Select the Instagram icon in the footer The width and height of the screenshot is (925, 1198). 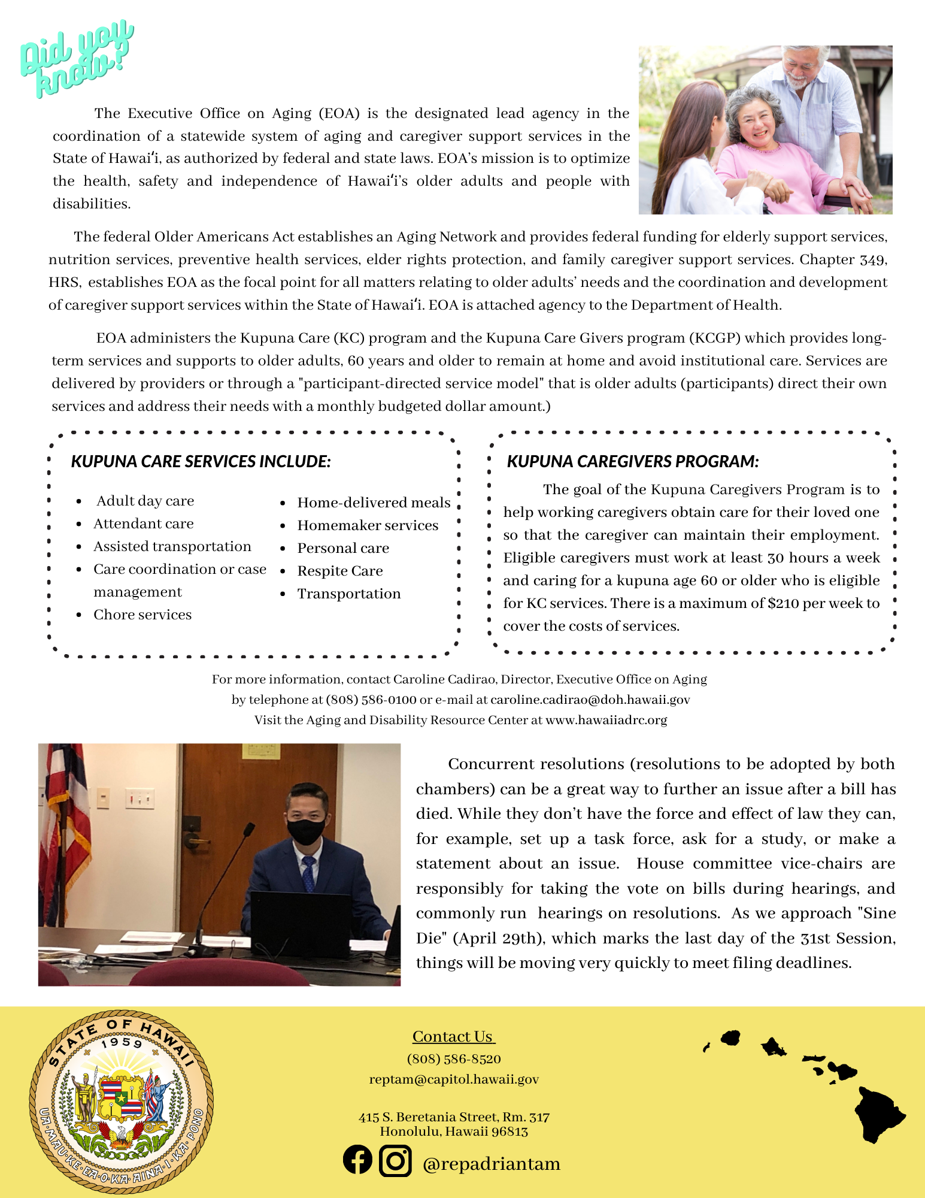pyautogui.click(x=395, y=1160)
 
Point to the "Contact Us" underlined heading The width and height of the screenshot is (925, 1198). pyautogui.click(x=453, y=1037)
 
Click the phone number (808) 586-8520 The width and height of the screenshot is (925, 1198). pyautogui.click(x=454, y=1059)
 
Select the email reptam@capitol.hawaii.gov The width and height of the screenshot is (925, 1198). pyautogui.click(x=454, y=1079)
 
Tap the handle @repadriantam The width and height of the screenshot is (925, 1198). pyautogui.click(x=491, y=1164)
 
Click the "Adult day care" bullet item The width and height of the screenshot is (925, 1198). pyautogui.click(x=145, y=501)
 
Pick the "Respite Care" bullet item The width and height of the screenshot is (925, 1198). pyautogui.click(x=339, y=571)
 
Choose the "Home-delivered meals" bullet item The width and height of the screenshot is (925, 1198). pyautogui.click(x=374, y=503)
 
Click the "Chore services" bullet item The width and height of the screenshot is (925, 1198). pyautogui.click(x=142, y=615)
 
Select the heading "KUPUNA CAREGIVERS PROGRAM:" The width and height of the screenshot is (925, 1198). pyautogui.click(x=633, y=461)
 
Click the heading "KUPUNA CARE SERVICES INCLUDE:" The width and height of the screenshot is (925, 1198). pyautogui.click(x=201, y=461)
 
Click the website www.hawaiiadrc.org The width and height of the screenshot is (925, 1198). pyautogui.click(x=606, y=720)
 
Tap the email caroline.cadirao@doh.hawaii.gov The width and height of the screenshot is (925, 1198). pyautogui.click(x=590, y=700)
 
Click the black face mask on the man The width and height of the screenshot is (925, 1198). pyautogui.click(x=306, y=831)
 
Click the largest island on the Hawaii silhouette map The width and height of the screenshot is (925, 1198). pyautogui.click(x=878, y=1114)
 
